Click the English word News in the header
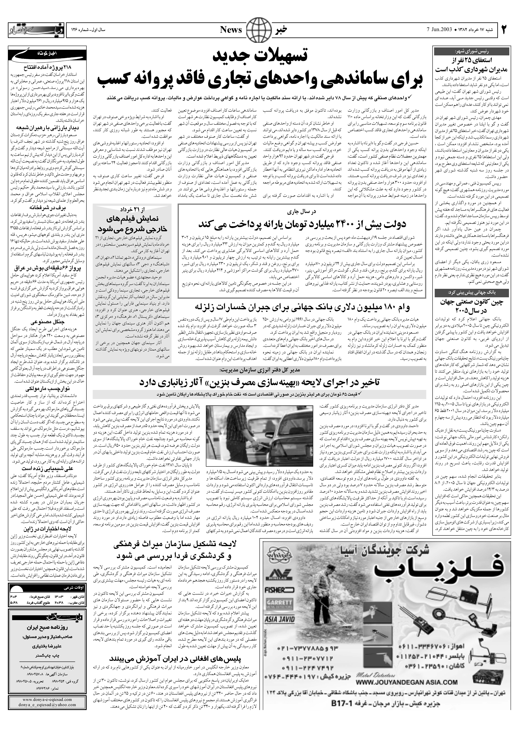click(x=231, y=30)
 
